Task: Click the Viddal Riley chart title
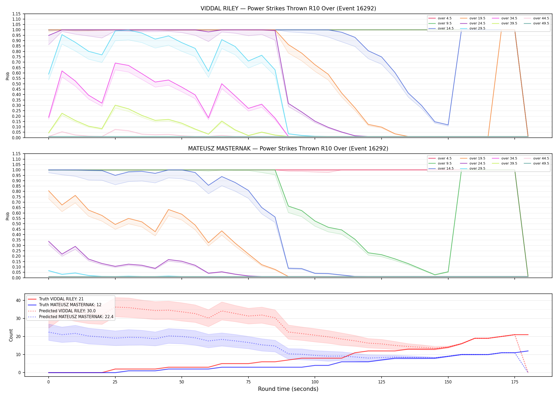click(288, 8)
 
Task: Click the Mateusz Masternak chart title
click(288, 149)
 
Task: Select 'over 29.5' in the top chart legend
click(477, 28)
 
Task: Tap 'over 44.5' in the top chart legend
click(541, 18)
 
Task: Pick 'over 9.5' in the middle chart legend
click(445, 163)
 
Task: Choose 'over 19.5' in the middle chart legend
click(477, 158)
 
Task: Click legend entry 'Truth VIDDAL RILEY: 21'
click(61, 299)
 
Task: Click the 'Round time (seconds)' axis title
click(288, 389)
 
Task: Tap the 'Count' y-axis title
click(11, 335)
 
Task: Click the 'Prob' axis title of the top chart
click(8, 76)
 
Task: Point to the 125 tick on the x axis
click(381, 382)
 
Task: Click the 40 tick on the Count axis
click(18, 300)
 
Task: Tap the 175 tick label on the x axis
click(515, 382)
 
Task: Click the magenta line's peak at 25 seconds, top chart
click(115, 63)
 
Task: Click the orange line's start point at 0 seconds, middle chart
click(49, 191)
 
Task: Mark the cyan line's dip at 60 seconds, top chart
click(209, 72)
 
